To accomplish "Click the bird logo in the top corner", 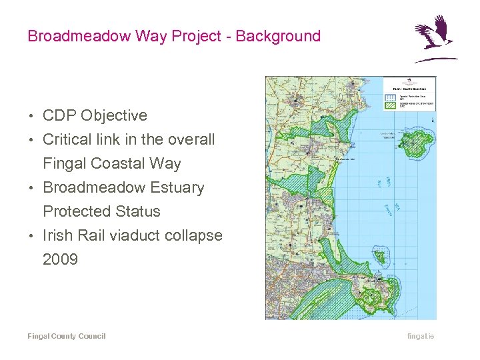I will (434, 39).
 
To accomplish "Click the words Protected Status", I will (101, 212).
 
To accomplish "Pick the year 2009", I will (60, 260).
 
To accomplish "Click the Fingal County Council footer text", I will (66, 337).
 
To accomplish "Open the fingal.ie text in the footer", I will (421, 337).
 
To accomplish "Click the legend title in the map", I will (409, 87).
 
